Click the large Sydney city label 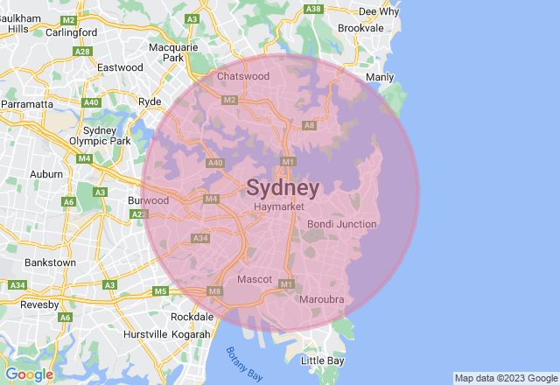(x=283, y=188)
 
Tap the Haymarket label (x=278, y=206)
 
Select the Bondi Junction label (x=342, y=224)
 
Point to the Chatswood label (x=243, y=77)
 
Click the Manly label (x=380, y=78)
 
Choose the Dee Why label (x=379, y=11)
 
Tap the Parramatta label (x=27, y=103)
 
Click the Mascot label (x=255, y=279)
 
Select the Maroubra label (x=322, y=300)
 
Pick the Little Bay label (x=323, y=360)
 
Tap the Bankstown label (x=51, y=262)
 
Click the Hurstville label (x=145, y=334)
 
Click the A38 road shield (x=313, y=9)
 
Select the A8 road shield (x=308, y=126)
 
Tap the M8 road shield (x=215, y=291)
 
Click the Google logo (x=29, y=374)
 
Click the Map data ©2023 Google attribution (x=505, y=378)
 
